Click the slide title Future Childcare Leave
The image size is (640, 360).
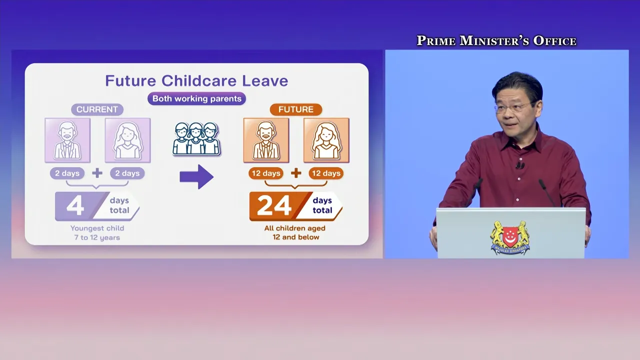point(196,80)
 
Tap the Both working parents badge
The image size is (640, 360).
point(196,98)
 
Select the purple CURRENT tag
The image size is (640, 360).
point(97,109)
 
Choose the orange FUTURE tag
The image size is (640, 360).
point(296,109)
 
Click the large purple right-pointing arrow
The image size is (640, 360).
point(196,176)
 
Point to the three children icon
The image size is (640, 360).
point(196,139)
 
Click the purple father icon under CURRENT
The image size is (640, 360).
point(67,140)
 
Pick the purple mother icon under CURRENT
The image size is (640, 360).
point(127,140)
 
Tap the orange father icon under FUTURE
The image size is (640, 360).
point(266,140)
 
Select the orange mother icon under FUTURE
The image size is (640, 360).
point(326,140)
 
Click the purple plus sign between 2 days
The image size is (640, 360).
point(97,173)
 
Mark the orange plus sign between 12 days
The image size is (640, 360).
point(296,173)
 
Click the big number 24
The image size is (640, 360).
point(274,205)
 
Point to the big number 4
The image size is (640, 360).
point(75,205)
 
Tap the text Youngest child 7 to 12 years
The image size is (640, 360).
point(97,233)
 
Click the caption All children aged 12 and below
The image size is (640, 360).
point(295,232)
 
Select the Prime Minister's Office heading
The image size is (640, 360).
point(496,40)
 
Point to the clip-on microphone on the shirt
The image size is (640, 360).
point(520,165)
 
